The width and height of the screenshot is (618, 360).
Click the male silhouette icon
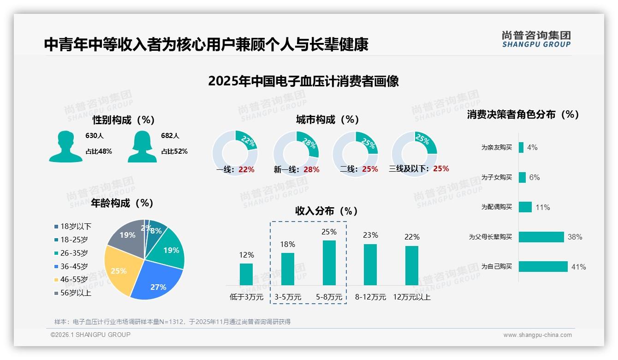click(65, 147)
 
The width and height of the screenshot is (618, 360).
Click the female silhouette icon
click(142, 147)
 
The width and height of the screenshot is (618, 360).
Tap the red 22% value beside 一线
click(246, 169)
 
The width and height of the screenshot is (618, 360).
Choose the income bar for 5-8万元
click(329, 263)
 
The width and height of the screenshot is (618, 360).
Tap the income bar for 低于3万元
click(246, 274)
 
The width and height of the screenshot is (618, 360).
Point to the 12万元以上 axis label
click(412, 297)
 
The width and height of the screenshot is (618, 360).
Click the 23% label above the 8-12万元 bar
click(370, 235)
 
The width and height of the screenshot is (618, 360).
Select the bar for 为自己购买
click(543, 267)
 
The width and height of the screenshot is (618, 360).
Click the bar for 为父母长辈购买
click(541, 237)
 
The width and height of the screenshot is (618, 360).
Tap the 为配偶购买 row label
click(496, 207)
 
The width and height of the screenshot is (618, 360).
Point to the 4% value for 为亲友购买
click(532, 148)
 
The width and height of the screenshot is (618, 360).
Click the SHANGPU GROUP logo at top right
click(536, 39)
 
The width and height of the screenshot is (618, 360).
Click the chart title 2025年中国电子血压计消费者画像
click(303, 81)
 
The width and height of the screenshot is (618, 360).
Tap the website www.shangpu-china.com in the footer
click(537, 335)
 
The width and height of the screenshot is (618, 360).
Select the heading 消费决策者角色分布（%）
click(523, 114)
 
